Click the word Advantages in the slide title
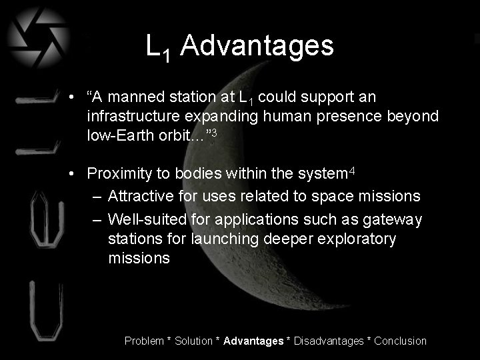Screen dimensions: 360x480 tap(257, 46)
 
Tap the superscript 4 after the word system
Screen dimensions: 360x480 tap(353, 170)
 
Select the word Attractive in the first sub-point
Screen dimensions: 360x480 tap(137, 196)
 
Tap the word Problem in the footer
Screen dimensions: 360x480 tap(144, 341)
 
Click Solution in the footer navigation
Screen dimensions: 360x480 tap(194, 341)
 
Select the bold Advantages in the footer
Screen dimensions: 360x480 tap(253, 341)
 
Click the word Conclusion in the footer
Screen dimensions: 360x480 tap(400, 341)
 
